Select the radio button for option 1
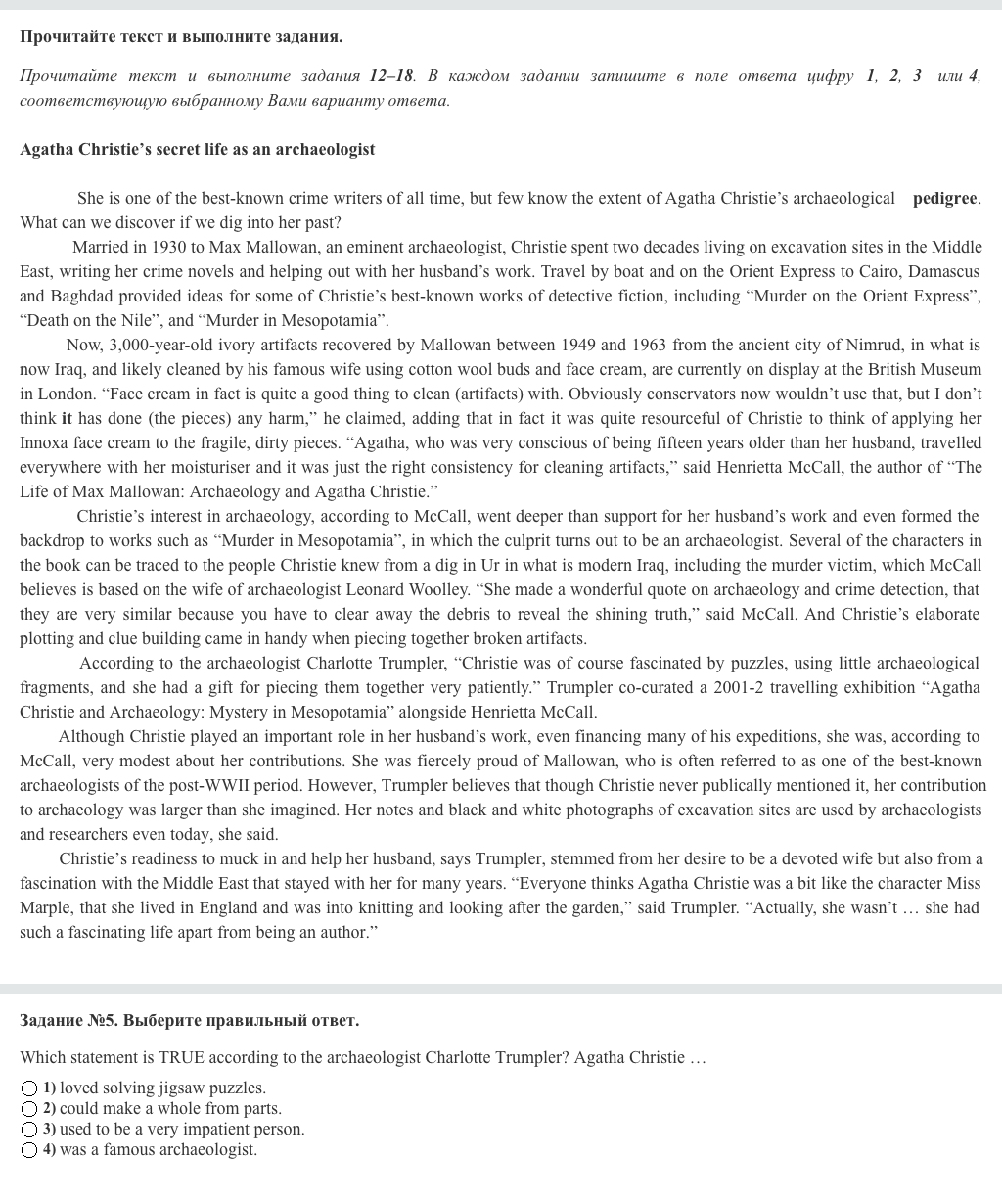(x=29, y=1088)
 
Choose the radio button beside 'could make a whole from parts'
(x=29, y=1109)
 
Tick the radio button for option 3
(x=29, y=1130)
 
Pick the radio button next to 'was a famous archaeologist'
(x=29, y=1150)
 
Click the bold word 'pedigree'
(x=944, y=199)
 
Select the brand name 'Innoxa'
(x=44, y=443)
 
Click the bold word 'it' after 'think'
(x=67, y=419)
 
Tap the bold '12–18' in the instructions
(x=391, y=76)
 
